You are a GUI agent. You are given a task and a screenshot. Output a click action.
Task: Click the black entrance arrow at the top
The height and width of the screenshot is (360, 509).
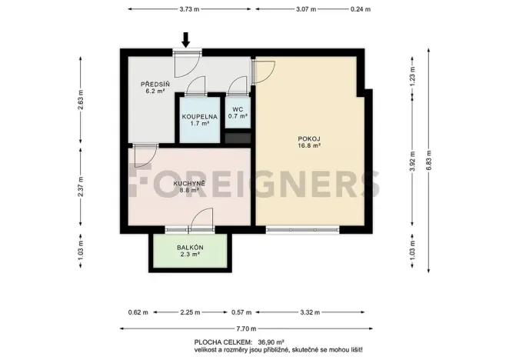[186, 38]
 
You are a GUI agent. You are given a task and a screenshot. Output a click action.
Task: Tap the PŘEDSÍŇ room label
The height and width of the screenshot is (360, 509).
[151, 83]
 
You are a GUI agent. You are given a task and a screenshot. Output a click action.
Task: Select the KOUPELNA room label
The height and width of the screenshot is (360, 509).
[199, 116]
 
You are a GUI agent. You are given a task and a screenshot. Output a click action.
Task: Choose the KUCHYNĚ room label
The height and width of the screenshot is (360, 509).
[188, 184]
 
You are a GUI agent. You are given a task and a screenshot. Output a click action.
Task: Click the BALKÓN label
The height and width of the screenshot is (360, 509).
[189, 248]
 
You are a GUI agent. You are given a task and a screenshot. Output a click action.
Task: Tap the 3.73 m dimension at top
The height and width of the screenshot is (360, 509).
[189, 10]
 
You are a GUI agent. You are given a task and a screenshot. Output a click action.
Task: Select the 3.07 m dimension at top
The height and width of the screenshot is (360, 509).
[305, 10]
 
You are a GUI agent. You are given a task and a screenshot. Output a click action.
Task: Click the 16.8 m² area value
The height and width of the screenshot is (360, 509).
[309, 145]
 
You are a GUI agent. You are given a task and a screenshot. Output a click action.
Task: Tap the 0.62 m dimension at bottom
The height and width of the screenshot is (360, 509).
[137, 312]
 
